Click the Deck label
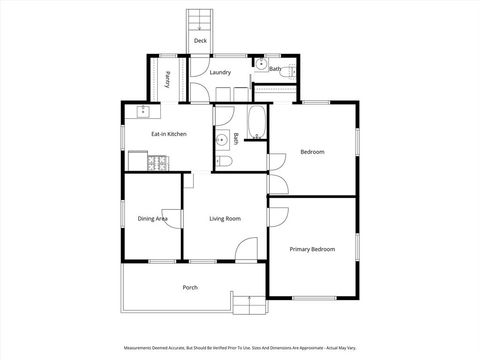click(200, 41)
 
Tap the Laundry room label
click(220, 73)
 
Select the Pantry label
click(168, 78)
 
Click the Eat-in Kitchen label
click(169, 133)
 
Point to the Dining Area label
click(152, 218)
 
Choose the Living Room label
click(225, 218)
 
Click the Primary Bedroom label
click(312, 248)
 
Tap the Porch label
click(190, 288)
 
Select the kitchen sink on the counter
click(143, 110)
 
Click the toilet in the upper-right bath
click(283, 71)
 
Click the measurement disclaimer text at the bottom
click(240, 348)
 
